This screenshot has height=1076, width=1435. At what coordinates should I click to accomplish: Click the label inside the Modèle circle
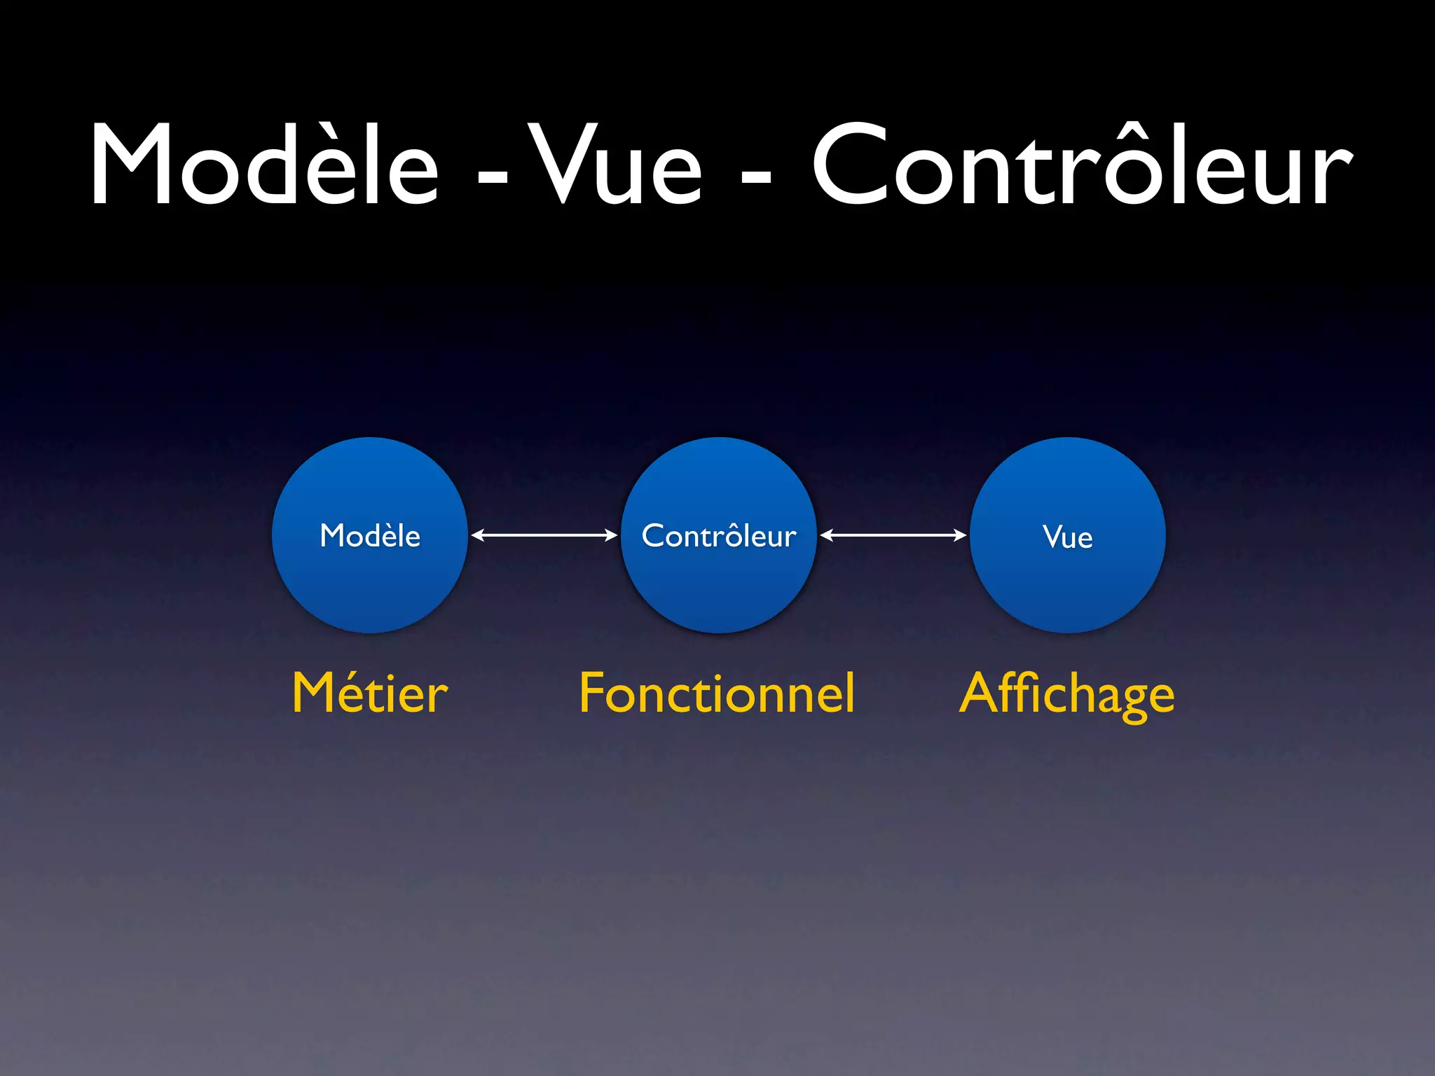coord(370,536)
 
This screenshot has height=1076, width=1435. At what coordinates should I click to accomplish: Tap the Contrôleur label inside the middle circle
coord(719,536)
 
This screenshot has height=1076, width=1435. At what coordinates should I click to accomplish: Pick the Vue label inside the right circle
coord(1067,537)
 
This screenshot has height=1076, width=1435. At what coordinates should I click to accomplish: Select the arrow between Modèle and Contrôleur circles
coord(544,535)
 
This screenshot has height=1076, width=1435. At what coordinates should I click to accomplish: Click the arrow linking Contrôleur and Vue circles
coord(893,535)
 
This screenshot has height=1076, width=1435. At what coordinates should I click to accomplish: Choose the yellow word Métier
coord(370,694)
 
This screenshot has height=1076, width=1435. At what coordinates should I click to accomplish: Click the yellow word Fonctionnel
coord(717,694)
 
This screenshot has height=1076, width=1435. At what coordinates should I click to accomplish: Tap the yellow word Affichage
coord(1066,695)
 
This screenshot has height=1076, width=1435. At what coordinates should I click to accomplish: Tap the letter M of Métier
coord(314,694)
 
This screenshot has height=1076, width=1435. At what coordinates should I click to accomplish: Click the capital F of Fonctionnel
coord(592,694)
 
